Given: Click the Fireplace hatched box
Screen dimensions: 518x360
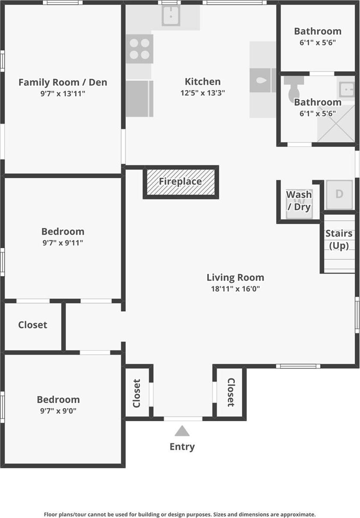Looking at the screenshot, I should (181, 182).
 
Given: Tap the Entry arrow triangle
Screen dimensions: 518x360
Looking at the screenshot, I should (182, 431).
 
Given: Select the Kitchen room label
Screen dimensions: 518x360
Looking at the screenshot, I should (202, 81).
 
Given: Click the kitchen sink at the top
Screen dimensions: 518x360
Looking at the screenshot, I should (171, 16).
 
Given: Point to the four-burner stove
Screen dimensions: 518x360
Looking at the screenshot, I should (140, 49).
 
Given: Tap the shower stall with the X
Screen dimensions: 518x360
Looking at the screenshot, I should (336, 124).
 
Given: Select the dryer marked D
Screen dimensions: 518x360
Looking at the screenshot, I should (339, 194).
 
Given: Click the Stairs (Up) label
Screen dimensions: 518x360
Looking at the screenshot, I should (339, 240).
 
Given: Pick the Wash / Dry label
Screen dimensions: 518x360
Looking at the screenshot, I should (299, 201).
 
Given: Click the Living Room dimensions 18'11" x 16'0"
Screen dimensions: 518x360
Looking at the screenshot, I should (235, 289).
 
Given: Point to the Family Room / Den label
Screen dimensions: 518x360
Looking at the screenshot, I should (62, 82).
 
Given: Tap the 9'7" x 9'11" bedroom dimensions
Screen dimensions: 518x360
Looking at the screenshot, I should (62, 243).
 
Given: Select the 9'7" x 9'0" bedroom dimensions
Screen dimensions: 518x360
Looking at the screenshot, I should (58, 411).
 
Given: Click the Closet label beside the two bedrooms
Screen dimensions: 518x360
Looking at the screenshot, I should (33, 325).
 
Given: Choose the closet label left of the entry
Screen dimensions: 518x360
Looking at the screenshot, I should (137, 393).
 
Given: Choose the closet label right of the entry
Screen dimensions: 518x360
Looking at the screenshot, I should (231, 392).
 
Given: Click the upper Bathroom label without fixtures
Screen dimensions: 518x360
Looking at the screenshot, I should (317, 31).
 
